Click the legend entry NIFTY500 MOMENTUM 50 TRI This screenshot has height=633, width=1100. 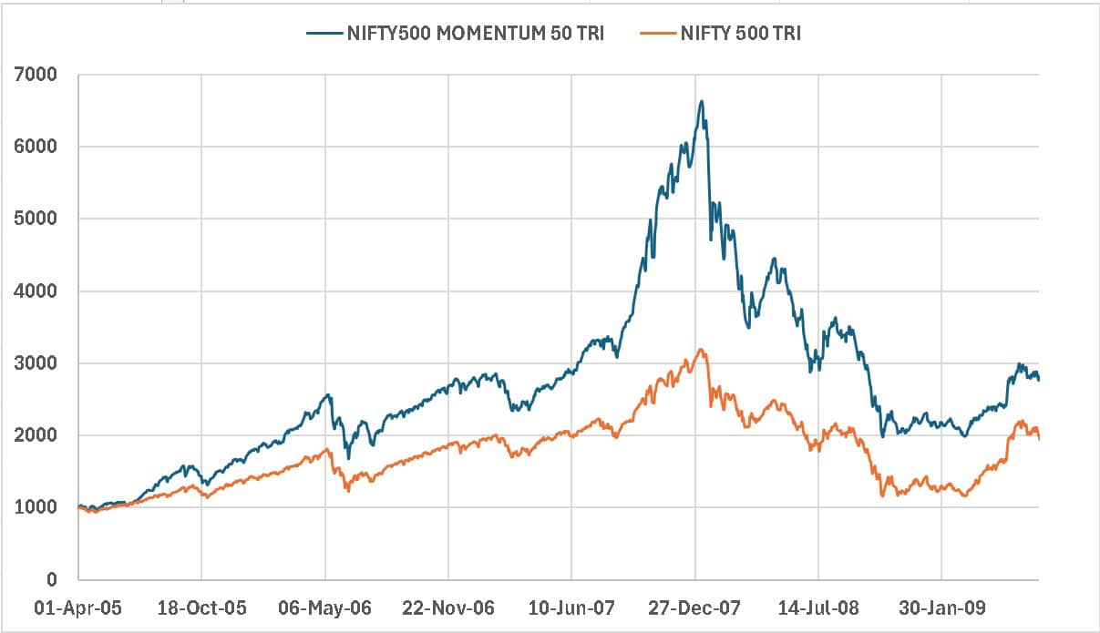coord(475,34)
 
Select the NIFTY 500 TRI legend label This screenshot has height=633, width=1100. coord(739,34)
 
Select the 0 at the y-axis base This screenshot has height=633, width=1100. coord(52,580)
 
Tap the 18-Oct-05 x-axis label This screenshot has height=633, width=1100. coord(200,607)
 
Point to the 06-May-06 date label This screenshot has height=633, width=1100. coord(325,607)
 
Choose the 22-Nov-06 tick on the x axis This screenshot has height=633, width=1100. coord(448,607)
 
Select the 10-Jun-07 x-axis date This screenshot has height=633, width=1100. coord(571,607)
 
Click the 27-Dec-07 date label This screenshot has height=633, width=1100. coord(695,607)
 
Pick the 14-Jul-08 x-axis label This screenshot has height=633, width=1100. coord(818,607)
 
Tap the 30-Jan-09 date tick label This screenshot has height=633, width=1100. coord(941,607)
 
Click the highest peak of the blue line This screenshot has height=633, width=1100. coord(701,101)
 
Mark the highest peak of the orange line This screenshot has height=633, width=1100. coord(700,350)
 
